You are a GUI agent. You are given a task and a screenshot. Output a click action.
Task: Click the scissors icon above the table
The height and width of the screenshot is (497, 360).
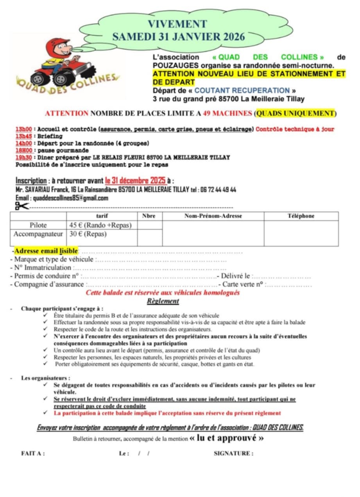tap(22, 206)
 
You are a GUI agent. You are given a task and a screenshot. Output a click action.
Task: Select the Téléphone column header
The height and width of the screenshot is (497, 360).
tap(301, 216)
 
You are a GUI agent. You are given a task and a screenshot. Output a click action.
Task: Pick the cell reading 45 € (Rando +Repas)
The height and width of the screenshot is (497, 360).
tap(101, 225)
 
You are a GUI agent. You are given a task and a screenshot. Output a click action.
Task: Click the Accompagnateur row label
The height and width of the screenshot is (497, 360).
tap(38, 234)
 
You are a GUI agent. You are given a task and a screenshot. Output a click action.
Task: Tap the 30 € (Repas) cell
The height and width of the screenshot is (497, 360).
tap(88, 234)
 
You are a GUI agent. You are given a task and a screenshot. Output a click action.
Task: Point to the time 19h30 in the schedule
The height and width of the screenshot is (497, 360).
tap(23, 157)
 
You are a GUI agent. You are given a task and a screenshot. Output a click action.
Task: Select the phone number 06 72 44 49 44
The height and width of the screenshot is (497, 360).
tap(219, 190)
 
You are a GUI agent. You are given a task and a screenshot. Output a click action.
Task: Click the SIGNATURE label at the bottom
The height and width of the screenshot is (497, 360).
tap(233, 454)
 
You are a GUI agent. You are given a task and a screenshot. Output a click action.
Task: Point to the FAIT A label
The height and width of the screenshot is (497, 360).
tap(33, 454)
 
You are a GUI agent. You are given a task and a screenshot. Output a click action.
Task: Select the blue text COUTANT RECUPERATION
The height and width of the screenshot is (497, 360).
tap(242, 91)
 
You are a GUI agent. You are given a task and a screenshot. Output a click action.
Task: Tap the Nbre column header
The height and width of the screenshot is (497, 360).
tap(149, 216)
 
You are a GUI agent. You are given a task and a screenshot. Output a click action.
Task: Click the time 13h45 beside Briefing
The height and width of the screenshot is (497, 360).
tap(23, 136)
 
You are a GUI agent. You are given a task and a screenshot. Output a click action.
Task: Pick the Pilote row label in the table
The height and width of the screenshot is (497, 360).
tap(38, 225)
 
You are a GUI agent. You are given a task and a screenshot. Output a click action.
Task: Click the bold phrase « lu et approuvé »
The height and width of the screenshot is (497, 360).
tap(226, 438)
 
